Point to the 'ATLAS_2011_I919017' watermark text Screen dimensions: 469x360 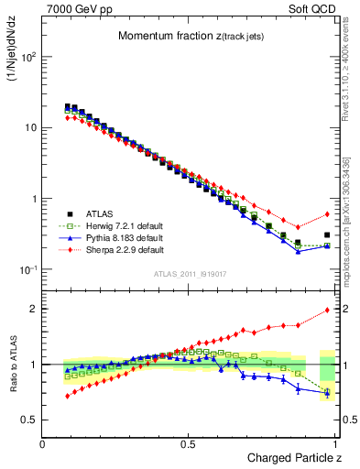(x=190, y=273)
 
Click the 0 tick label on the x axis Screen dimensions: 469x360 (x=43, y=443)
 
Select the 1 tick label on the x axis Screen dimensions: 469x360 (x=336, y=443)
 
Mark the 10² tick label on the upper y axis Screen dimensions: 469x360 (x=27, y=57)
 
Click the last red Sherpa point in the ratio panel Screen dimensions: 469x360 (x=327, y=310)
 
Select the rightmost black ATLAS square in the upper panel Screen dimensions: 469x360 (x=327, y=234)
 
